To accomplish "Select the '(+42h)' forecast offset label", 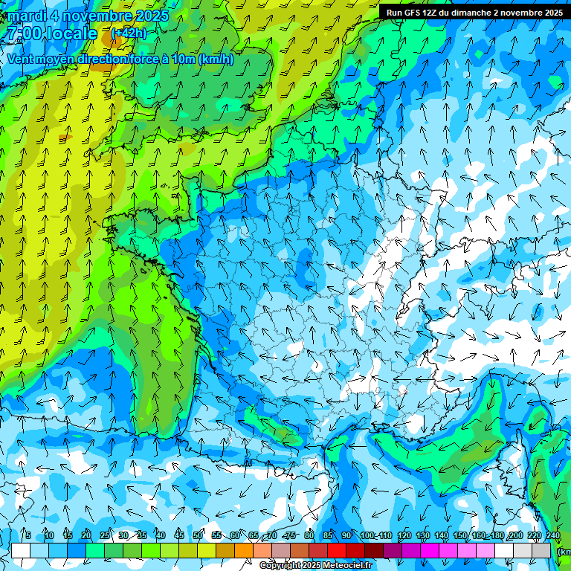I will pos(129,33).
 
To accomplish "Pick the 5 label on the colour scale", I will pos(28,535).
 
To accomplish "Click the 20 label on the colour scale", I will pos(86,535).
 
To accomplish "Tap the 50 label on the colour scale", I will pos(198,535).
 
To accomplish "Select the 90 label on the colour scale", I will pos(346,535).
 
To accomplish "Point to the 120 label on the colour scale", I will pos(404,535).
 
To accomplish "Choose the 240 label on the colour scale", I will pos(552,535).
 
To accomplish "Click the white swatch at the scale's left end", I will pos(21,550).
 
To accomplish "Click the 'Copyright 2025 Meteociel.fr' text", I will pos(315,566).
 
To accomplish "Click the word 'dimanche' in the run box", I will pos(472,13).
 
